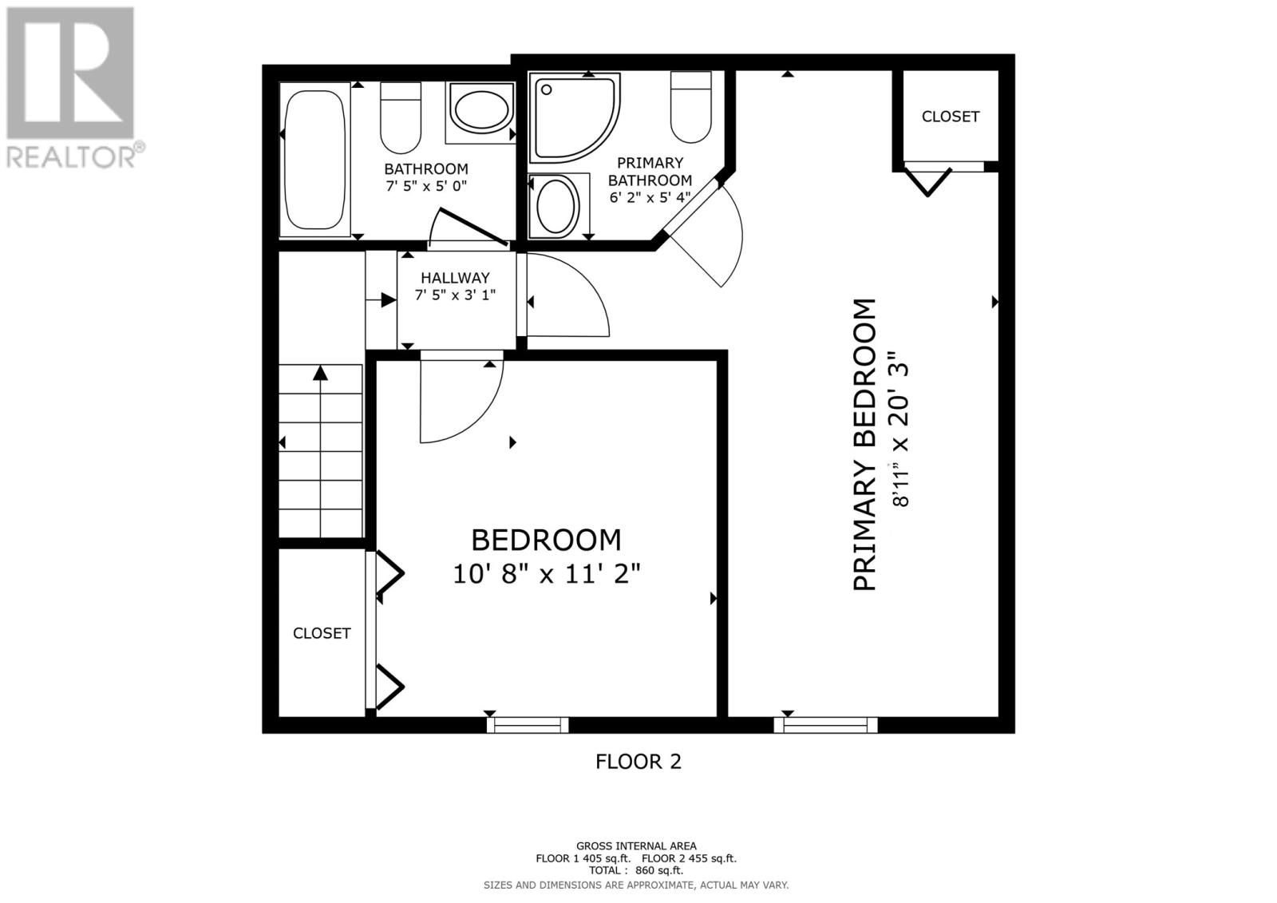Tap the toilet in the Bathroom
401,118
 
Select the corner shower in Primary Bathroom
573,117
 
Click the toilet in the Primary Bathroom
690,107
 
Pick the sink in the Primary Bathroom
557,205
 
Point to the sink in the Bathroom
481,111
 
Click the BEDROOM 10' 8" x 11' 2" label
547,556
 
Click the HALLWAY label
455,278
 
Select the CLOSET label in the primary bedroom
950,117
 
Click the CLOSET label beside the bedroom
322,633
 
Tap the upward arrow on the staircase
320,373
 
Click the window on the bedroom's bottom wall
528,725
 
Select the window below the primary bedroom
825,725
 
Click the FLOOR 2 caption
638,762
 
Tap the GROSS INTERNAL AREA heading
636,846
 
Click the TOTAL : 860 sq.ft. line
636,870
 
